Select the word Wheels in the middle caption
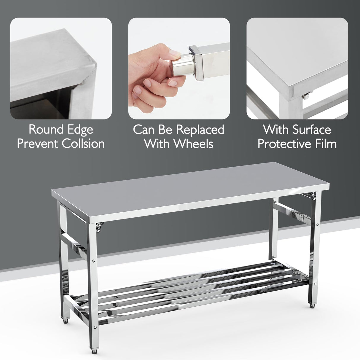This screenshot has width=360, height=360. click(193, 144)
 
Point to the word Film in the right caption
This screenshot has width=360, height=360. click(324, 144)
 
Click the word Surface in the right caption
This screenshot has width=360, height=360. click(312, 130)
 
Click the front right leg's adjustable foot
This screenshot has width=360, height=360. click(313, 307)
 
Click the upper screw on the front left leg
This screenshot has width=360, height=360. click(94, 261)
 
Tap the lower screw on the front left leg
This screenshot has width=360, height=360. click(94, 327)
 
